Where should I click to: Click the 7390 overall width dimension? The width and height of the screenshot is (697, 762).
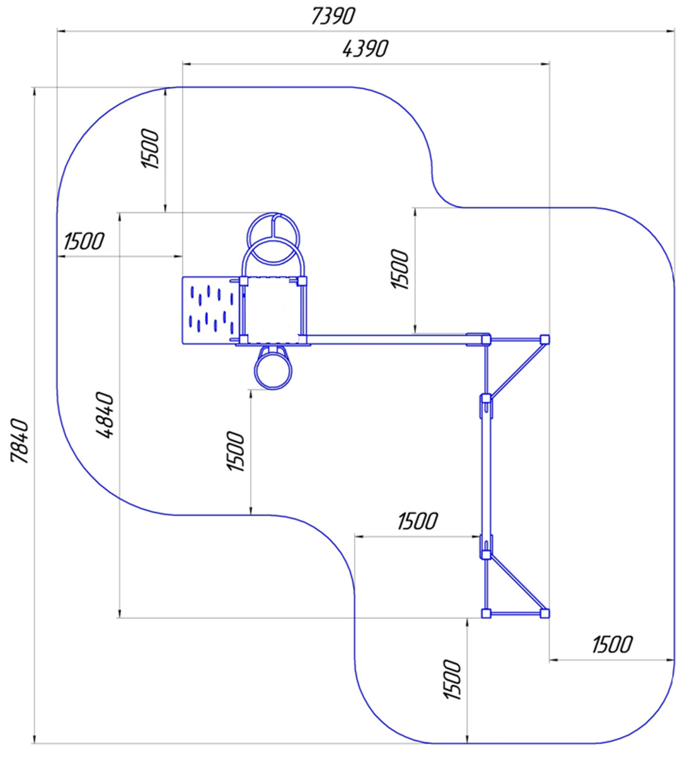tap(333, 16)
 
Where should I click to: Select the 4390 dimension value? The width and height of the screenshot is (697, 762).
tap(366, 49)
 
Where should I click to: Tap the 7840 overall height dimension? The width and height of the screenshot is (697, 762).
tap(20, 441)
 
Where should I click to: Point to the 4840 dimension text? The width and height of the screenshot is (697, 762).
tap(105, 415)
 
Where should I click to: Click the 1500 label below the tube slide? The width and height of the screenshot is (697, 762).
tap(235, 451)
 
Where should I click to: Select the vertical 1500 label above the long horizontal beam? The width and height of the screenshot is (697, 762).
tap(400, 269)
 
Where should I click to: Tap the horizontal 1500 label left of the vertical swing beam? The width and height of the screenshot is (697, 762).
tap(418, 521)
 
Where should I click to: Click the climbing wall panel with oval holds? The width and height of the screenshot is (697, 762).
tap(211, 310)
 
